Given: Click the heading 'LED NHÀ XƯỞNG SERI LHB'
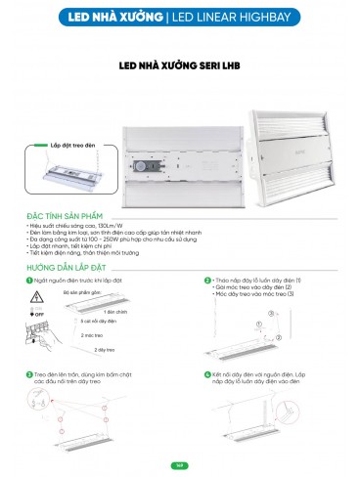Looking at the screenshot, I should coord(179,67).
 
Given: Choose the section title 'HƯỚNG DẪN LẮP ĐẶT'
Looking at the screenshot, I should coord(67,264).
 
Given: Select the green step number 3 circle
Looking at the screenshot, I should coord(30,373).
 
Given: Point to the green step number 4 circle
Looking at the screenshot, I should coord(207,373).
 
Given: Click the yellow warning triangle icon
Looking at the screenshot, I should coord(37,294).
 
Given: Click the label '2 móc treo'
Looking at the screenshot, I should coord(94,334).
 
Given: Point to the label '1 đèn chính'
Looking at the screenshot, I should coord(112,312).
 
